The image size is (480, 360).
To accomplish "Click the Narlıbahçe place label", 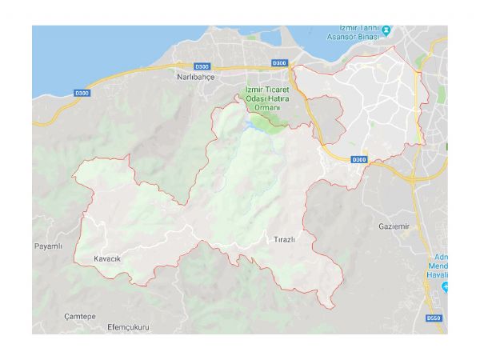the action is [197, 78].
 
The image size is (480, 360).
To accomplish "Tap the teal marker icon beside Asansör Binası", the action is [386, 31].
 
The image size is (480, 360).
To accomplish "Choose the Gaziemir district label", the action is [394, 226].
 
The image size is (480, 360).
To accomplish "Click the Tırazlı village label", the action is [286, 238].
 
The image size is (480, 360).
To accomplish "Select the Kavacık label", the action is [107, 258].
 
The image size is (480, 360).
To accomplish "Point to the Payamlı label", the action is [48, 246].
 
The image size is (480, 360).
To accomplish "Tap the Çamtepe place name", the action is [80, 316].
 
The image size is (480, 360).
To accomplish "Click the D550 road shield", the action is [434, 318].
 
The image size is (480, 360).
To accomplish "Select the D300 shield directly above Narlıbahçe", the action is [202, 66].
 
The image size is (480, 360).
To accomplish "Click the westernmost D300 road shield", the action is [82, 94].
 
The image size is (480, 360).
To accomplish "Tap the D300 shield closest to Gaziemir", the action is [358, 160].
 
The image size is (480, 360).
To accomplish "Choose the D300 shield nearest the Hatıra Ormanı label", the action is [278, 62].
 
